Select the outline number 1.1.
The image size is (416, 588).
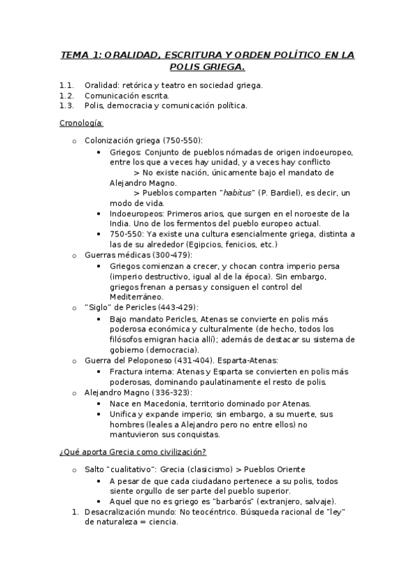coord(67,85)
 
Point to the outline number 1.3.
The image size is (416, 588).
coord(67,105)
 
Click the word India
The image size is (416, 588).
coord(122,223)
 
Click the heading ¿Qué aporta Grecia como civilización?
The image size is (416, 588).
coord(132,452)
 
